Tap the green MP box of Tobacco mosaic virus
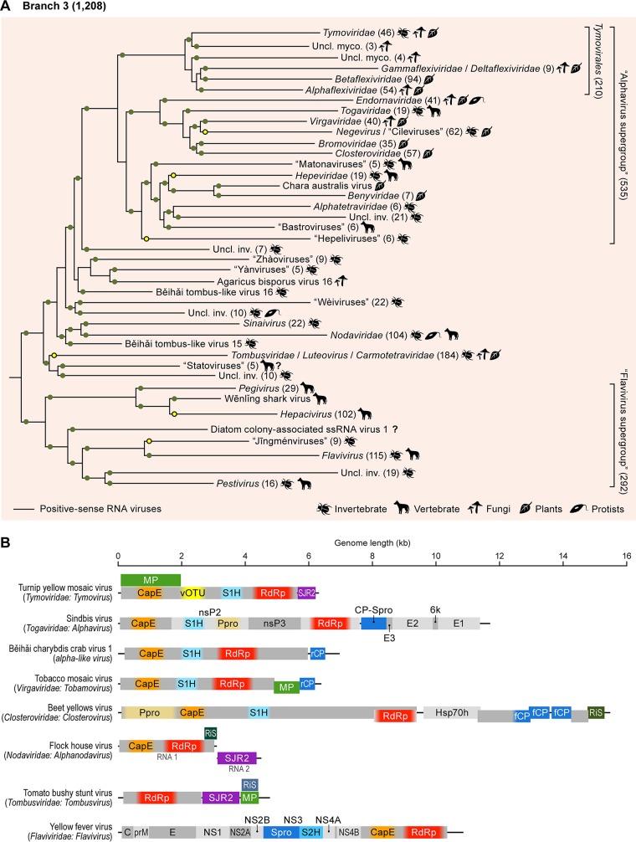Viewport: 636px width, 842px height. point(286,685)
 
